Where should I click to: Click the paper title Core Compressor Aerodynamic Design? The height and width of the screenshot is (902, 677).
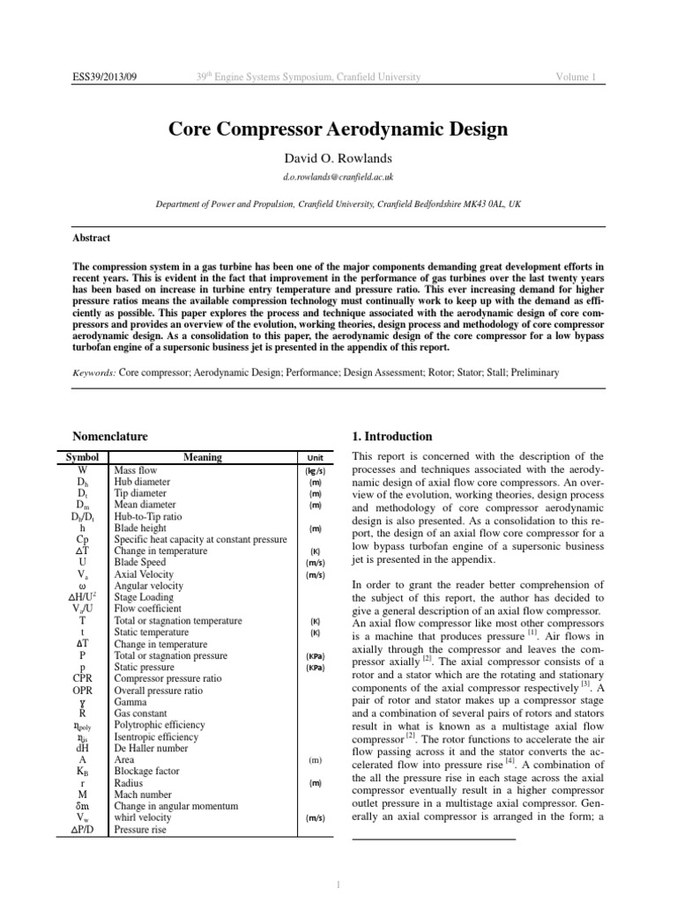[338, 130]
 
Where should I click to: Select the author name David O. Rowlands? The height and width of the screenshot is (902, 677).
[338, 159]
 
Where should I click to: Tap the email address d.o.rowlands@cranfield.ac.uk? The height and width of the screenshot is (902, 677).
[338, 177]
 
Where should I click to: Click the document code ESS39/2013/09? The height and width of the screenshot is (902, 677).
[105, 78]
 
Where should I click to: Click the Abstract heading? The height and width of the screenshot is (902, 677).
[91, 238]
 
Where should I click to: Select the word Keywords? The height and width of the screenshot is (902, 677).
[93, 373]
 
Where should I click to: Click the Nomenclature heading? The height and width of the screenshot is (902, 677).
[109, 436]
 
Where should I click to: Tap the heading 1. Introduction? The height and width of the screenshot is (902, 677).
[392, 436]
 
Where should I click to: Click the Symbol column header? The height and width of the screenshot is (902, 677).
[82, 458]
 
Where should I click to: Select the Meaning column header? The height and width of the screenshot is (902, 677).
[203, 458]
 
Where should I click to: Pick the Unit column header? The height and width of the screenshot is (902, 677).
[315, 458]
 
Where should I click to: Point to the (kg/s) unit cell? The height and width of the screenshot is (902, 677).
[315, 471]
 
